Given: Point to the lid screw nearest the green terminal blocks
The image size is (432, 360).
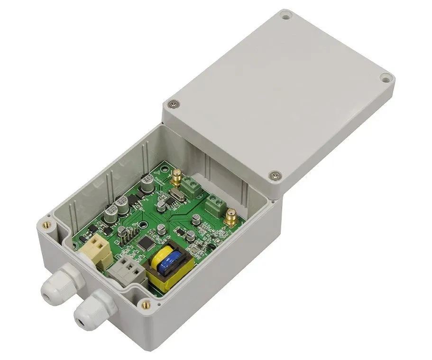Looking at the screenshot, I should (x=274, y=176).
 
